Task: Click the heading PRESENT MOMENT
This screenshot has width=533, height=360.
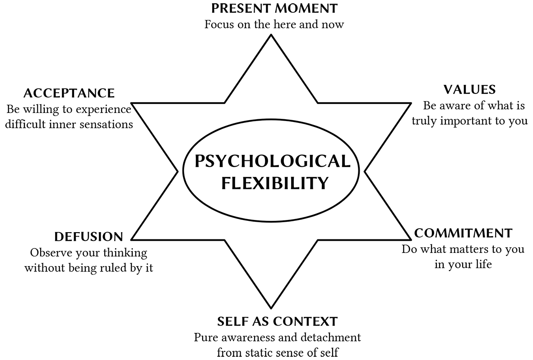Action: click(274, 8)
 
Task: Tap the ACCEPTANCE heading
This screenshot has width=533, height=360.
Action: click(69, 93)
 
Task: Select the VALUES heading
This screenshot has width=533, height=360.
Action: click(469, 89)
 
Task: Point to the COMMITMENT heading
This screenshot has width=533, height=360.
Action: click(463, 233)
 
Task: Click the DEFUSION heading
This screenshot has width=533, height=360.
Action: click(88, 237)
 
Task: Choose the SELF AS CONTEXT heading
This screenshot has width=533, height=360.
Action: click(277, 321)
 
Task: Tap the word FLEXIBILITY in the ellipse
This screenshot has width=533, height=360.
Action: click(275, 183)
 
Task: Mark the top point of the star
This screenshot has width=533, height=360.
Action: click(271, 35)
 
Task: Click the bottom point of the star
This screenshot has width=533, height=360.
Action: click(271, 308)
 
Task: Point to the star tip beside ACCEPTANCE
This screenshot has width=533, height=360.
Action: click(132, 103)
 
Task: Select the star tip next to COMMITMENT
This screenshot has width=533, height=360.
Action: click(411, 239)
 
